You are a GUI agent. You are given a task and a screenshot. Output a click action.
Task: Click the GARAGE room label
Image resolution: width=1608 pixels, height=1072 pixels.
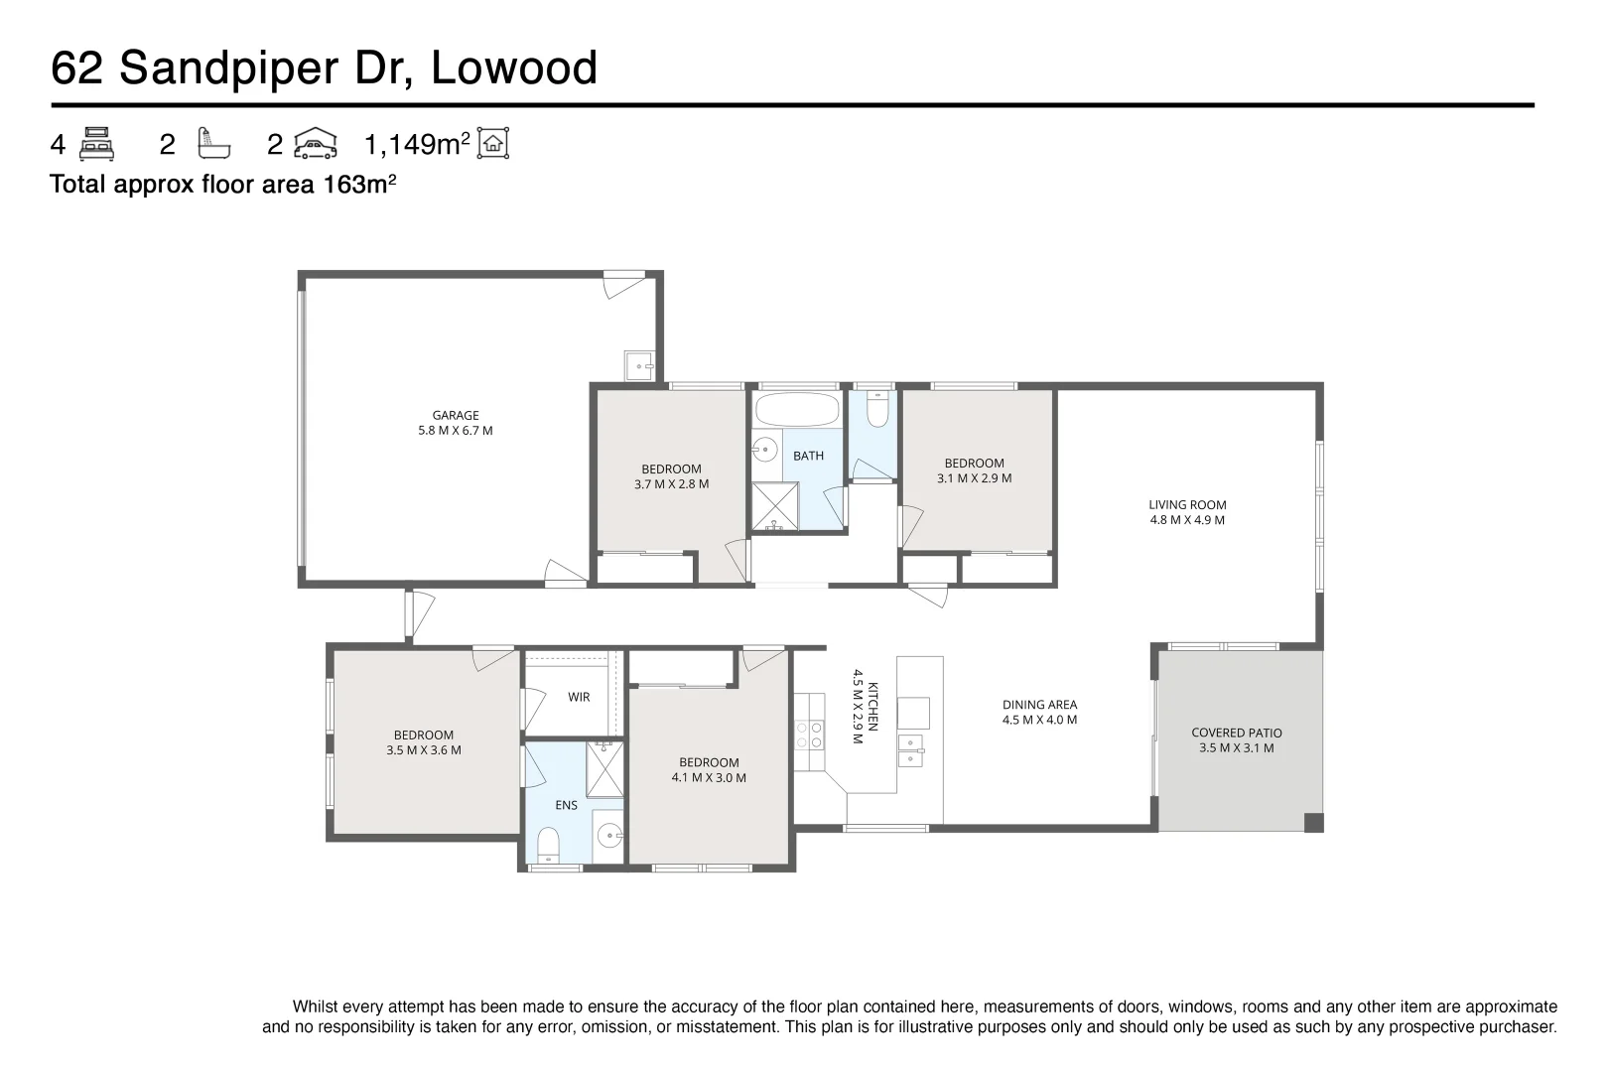(x=456, y=416)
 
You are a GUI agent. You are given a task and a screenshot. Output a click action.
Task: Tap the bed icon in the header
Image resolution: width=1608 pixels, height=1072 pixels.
(x=96, y=144)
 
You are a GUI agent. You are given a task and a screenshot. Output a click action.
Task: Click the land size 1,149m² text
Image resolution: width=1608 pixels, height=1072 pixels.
(x=417, y=145)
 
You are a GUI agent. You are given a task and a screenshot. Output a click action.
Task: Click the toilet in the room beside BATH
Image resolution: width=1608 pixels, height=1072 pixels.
(x=877, y=409)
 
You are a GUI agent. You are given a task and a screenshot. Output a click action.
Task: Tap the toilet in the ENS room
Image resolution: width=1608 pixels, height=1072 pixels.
(x=548, y=846)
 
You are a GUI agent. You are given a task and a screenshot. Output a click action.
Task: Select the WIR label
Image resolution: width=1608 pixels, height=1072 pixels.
(x=579, y=697)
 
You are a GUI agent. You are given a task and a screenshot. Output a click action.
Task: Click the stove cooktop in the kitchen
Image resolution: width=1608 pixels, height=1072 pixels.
(x=809, y=735)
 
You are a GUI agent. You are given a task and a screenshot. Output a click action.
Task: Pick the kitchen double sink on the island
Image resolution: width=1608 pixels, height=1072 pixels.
(x=911, y=750)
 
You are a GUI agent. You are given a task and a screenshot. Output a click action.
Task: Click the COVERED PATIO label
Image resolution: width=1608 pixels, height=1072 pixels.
(x=1237, y=733)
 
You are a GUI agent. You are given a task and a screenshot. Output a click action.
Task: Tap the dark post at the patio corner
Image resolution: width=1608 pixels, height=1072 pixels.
(x=1312, y=822)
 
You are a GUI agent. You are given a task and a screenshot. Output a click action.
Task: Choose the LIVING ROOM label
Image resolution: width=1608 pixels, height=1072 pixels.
(x=1187, y=504)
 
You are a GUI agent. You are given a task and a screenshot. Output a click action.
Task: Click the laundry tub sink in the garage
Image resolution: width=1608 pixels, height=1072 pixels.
(x=638, y=365)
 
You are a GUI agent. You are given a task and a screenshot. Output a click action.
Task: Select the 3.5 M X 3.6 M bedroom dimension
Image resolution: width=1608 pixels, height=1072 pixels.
(x=424, y=750)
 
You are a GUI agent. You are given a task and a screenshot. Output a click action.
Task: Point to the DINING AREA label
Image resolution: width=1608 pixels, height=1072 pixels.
(x=1039, y=705)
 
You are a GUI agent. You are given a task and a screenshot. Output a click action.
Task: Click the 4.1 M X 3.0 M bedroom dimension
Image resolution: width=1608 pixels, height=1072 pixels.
(x=709, y=778)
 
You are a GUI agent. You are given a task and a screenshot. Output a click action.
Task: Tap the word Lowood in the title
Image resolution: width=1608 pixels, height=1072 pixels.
(x=514, y=67)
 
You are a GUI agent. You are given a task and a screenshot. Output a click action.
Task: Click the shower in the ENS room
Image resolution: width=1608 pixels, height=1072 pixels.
(x=604, y=770)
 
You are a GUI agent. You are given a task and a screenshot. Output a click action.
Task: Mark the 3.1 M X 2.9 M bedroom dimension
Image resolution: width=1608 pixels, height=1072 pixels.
(x=974, y=478)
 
